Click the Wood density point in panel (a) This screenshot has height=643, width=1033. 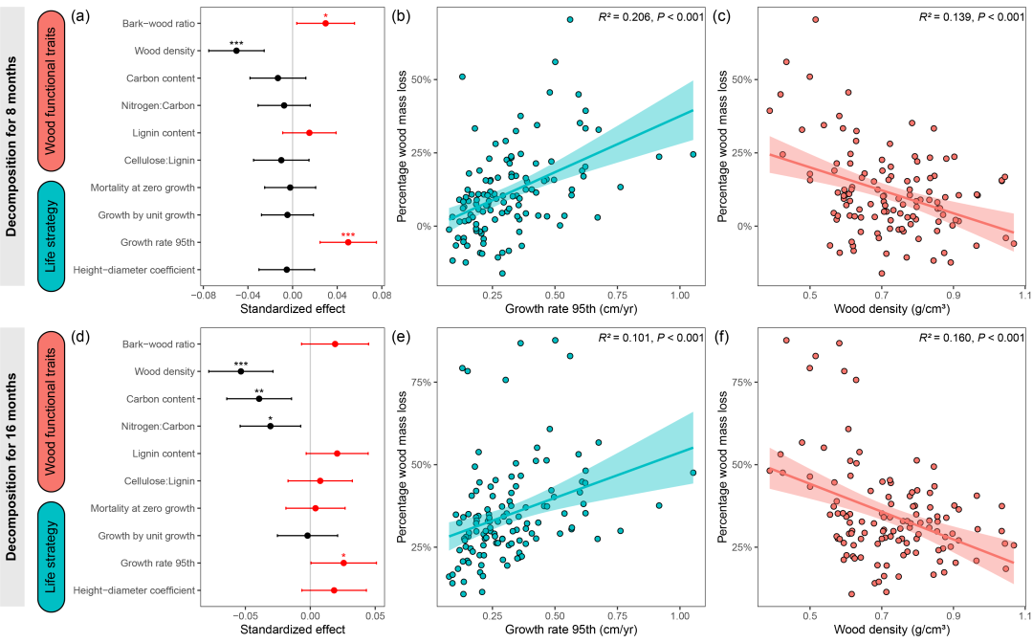point(236,50)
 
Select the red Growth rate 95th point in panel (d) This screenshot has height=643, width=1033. point(343,563)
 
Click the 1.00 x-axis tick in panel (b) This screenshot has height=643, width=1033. point(680,293)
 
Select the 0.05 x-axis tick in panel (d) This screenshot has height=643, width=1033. point(375,615)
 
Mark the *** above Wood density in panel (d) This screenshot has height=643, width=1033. point(241,364)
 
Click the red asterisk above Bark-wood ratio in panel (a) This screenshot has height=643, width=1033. point(325,15)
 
